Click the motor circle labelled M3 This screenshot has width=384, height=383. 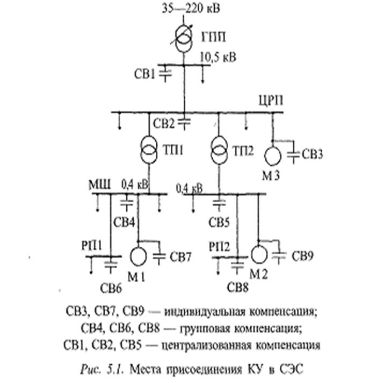pos(273,156)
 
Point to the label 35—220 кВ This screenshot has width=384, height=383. pos(192,9)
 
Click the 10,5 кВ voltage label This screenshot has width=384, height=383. pos(218,56)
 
